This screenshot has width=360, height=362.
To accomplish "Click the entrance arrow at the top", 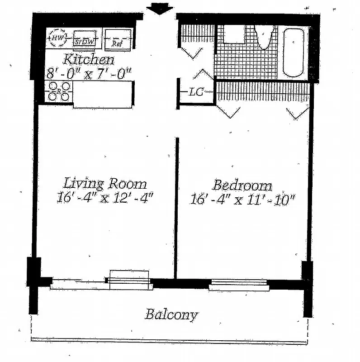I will coord(160,8).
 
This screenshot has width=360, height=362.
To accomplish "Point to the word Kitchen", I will coord(88,59).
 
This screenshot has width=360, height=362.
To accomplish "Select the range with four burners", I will coord(59,91).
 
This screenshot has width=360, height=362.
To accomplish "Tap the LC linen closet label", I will coord(196,92).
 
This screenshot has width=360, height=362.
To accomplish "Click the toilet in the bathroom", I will coord(265,36).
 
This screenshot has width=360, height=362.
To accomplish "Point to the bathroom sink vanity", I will coord(234,34).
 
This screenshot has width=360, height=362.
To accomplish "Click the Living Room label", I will coord(104,184).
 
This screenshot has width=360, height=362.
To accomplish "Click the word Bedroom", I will coord(242,185).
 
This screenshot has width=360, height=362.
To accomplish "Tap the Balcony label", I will coord(171,314).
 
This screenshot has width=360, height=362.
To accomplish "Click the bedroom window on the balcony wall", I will coord(238,285).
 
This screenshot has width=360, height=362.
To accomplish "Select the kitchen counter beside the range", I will coord(103,94).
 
